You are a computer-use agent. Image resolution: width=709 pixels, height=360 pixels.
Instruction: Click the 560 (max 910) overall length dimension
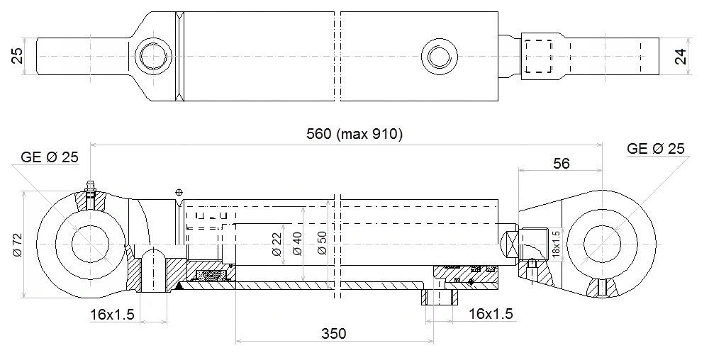[354, 134]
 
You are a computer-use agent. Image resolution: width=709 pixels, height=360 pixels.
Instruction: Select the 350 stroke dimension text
[334, 334]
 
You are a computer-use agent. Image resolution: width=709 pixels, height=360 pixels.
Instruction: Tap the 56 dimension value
[561, 164]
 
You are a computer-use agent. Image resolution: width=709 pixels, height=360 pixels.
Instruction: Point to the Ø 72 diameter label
[17, 244]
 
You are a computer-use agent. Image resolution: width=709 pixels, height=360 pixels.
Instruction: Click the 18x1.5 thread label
[556, 244]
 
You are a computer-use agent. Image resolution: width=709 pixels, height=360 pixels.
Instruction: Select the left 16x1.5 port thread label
[112, 315]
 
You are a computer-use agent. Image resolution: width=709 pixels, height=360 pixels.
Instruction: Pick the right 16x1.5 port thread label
[491, 313]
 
